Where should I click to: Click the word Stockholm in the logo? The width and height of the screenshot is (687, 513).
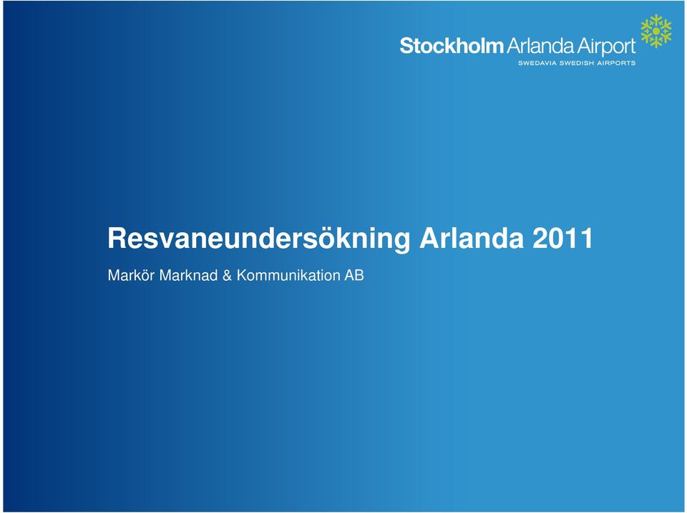(452, 46)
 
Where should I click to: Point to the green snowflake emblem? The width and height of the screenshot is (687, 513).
(656, 31)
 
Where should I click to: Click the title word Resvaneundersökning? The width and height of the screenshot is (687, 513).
(259, 239)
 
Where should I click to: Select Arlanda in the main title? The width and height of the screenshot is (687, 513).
(472, 239)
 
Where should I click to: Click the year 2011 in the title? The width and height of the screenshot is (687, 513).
(563, 239)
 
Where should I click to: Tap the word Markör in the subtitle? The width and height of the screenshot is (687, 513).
(131, 276)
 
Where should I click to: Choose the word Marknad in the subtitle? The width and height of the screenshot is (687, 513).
(188, 276)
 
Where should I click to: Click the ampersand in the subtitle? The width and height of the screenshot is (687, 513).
(227, 276)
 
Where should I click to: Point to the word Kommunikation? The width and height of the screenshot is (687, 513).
(288, 276)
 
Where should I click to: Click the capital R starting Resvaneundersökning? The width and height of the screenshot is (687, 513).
(117, 239)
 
